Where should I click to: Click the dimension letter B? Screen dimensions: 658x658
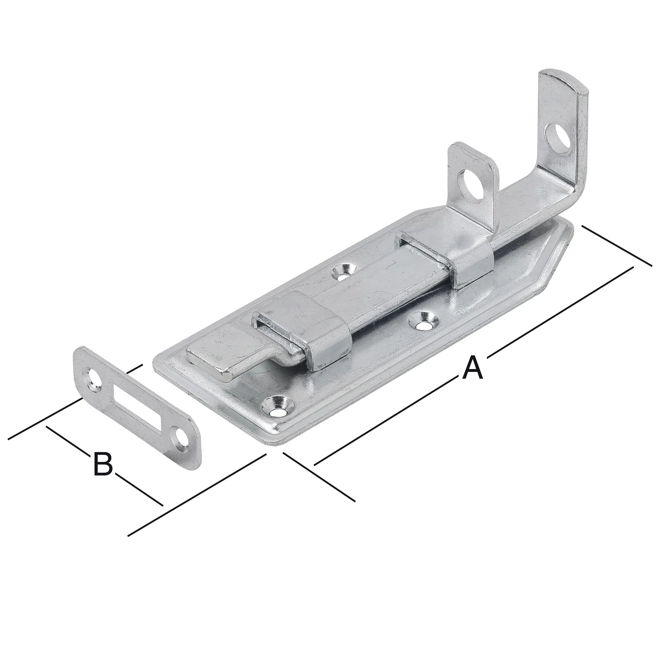pos(103,464)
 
